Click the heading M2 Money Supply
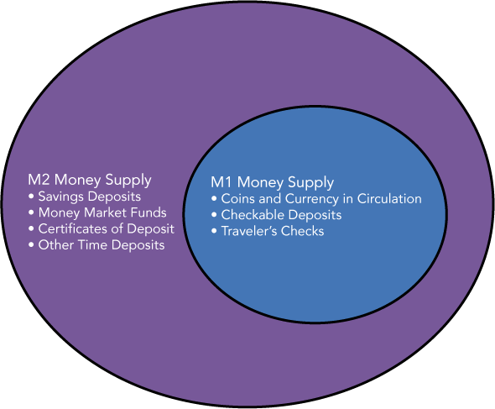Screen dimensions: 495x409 [x=90, y=181]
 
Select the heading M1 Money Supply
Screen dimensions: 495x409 [x=272, y=183]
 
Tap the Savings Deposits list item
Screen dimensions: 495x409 [x=89, y=197]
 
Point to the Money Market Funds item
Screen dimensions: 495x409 [x=102, y=212]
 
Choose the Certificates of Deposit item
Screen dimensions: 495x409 [x=106, y=228]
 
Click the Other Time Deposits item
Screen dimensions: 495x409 [x=102, y=245]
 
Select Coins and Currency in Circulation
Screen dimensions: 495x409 [x=321, y=199]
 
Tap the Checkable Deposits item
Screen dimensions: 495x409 [x=281, y=215]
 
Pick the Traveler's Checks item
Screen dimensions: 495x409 [x=273, y=231]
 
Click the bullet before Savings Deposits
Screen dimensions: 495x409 [x=31, y=197]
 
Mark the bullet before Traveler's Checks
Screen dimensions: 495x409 [x=214, y=231]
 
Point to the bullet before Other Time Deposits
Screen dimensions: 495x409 [x=31, y=244]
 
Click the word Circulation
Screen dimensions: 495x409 [x=389, y=198]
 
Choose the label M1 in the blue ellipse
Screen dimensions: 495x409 [x=221, y=182]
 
